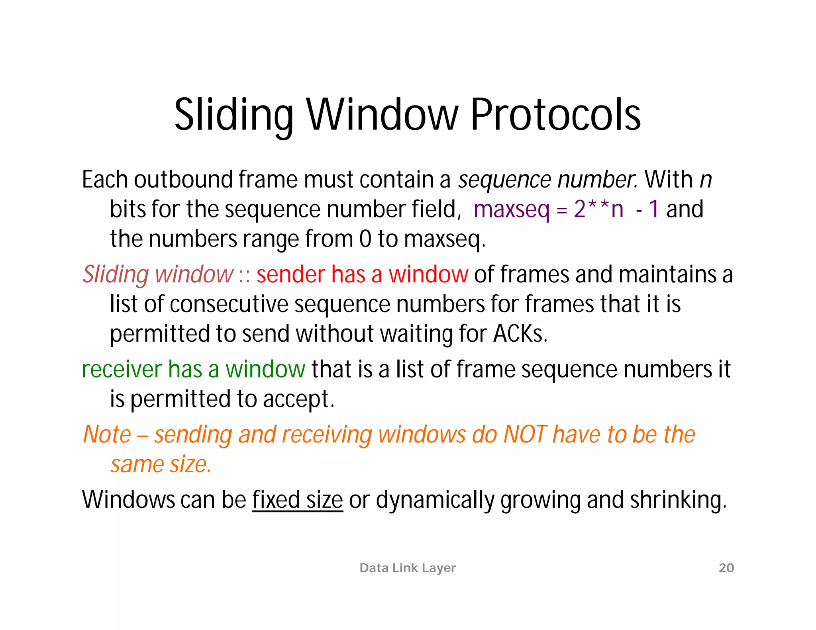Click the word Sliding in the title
234,115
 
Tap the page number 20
726,567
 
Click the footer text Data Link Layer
407,567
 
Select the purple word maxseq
511,209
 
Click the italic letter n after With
706,180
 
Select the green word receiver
122,370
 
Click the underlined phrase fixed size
297,500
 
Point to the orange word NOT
525,434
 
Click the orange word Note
107,434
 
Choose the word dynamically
435,500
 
